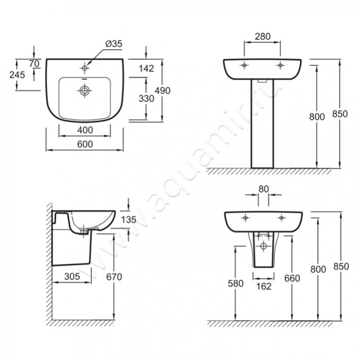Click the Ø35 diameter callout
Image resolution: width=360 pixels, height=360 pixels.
(x=114, y=44)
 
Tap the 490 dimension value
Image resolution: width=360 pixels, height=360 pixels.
(x=163, y=91)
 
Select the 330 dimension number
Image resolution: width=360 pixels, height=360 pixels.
(x=146, y=99)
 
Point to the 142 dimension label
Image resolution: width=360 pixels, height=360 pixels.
(x=146, y=68)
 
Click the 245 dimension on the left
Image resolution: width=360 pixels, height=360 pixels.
(x=17, y=75)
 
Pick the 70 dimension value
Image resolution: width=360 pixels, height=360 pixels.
(x=34, y=64)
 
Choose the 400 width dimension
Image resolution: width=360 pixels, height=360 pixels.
(x=85, y=130)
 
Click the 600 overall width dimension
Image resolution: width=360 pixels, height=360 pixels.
(x=85, y=144)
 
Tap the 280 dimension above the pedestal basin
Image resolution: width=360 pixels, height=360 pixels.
(x=263, y=37)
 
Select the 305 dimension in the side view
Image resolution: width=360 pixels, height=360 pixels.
(x=72, y=277)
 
